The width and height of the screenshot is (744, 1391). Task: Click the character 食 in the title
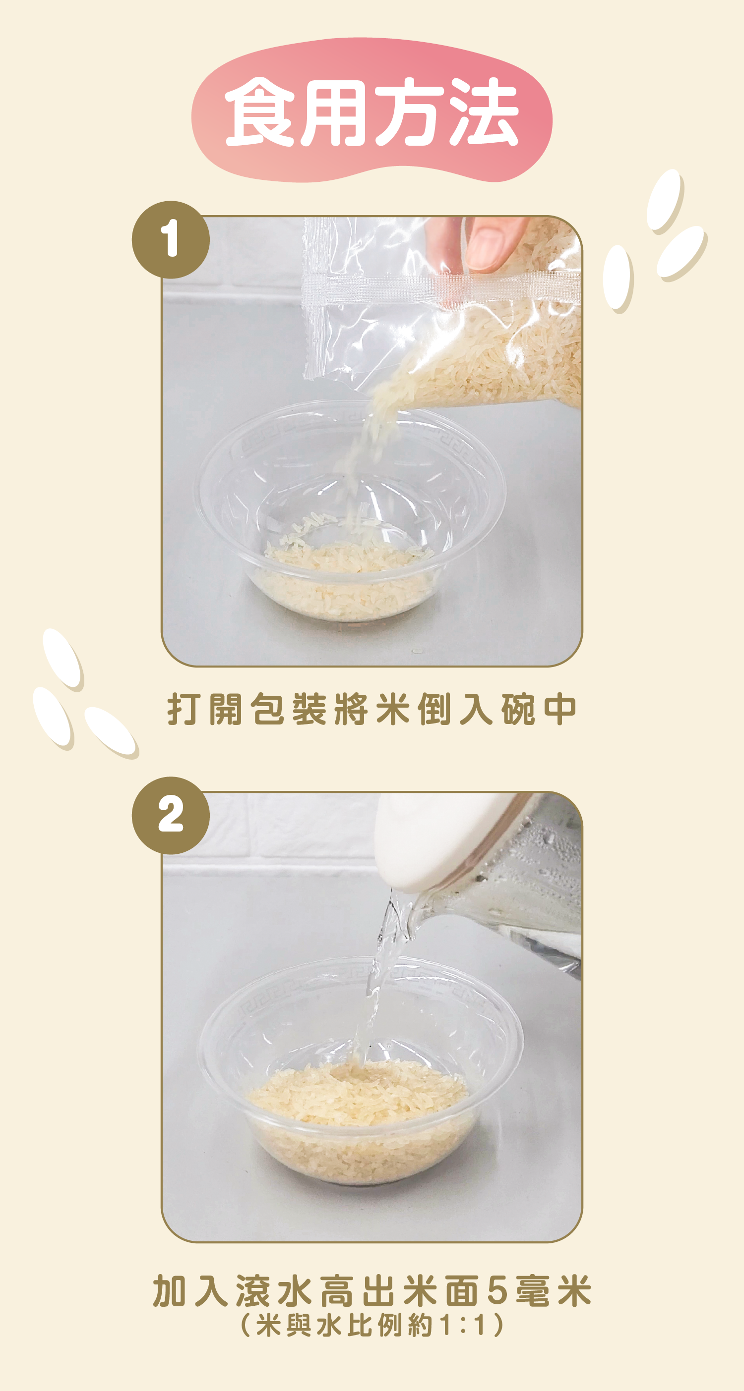260,112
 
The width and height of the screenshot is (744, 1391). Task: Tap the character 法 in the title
484,112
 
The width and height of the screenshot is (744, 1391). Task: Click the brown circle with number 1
171,239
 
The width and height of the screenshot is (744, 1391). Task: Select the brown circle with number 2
171,815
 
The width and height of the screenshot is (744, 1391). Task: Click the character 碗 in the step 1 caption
518,709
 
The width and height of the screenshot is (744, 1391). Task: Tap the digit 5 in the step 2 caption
497,1291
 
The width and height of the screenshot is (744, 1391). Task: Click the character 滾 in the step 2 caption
253,1291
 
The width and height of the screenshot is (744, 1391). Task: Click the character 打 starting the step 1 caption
184,709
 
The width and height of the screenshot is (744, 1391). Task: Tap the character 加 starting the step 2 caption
170,1291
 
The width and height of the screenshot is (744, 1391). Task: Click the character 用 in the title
335,112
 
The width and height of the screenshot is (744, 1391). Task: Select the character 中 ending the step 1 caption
560,709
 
